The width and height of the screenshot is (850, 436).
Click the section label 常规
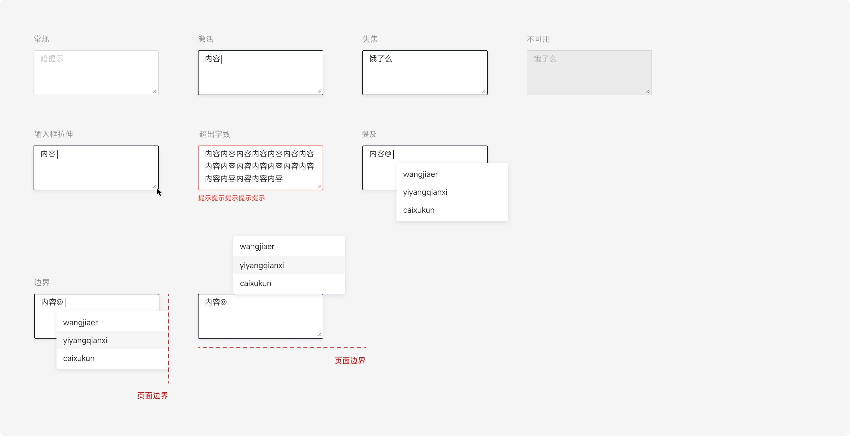[41, 39]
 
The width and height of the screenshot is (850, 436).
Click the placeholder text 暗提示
[52, 59]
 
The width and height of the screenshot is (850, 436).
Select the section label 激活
[206, 39]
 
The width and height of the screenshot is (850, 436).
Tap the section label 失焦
[370, 39]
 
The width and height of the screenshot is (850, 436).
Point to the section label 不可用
[538, 39]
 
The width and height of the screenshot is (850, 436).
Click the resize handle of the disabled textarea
[648, 91]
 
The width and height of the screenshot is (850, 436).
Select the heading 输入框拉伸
[53, 134]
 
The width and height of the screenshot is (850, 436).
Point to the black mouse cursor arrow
[159, 192]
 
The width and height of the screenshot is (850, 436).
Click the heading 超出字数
[214, 134]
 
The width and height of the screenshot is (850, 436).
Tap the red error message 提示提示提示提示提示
[231, 198]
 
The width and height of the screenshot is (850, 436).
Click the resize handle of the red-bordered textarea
[319, 186]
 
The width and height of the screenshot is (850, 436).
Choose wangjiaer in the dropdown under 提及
[420, 174]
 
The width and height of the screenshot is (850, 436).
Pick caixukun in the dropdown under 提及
[419, 210]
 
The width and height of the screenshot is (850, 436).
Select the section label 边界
[42, 282]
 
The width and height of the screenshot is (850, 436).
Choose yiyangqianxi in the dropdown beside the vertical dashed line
[85, 341]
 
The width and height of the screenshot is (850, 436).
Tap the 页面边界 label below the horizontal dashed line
[350, 361]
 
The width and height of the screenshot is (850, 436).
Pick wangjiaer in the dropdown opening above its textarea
[257, 247]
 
